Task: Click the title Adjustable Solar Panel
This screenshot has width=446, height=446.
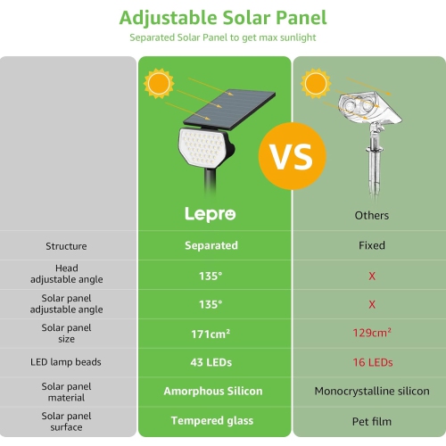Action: click(223, 17)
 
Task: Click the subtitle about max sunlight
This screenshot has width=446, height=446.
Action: click(222, 38)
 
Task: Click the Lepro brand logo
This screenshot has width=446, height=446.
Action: click(211, 215)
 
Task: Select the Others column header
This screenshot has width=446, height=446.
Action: click(372, 216)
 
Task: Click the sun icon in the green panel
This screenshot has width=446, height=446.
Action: click(160, 85)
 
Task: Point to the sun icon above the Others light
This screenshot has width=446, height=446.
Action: click(314, 85)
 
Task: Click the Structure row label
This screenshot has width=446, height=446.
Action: click(66, 245)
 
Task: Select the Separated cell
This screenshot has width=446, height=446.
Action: click(211, 245)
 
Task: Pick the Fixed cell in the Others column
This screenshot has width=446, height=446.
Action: click(372, 245)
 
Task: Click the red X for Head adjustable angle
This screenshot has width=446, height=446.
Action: click(372, 275)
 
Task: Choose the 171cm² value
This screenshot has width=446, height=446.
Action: click(211, 333)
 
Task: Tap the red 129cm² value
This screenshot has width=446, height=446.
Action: click(372, 333)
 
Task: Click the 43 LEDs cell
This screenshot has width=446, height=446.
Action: click(211, 361)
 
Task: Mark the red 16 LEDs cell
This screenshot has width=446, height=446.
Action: click(372, 361)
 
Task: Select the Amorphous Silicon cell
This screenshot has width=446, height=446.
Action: click(211, 391)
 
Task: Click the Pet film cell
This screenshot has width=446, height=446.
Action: click(372, 420)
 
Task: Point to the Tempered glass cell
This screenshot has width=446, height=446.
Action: click(211, 420)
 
